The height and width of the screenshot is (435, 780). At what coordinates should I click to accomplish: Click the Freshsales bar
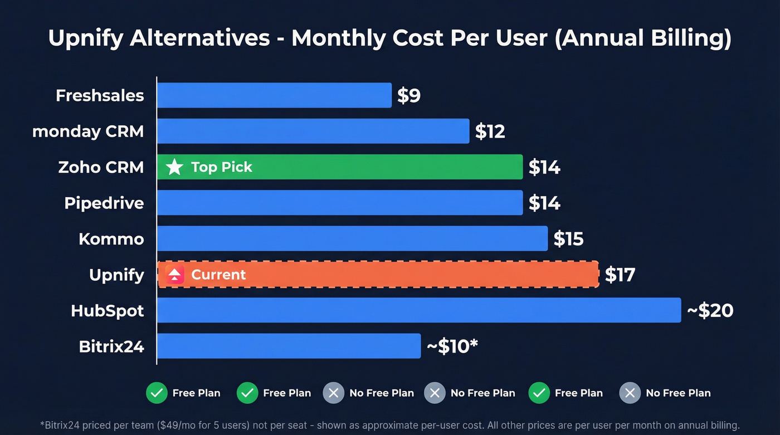pos(274,95)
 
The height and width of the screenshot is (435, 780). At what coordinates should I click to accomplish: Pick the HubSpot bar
pos(418,310)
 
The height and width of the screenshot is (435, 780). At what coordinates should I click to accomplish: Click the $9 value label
pos(408,96)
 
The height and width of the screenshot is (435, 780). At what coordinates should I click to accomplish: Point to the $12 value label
pos(490,131)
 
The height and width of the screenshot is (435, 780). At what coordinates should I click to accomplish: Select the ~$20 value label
pos(710,310)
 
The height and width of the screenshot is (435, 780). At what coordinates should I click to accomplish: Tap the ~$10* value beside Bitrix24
pos(452,346)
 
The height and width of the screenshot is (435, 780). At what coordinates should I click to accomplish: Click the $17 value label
pos(620,275)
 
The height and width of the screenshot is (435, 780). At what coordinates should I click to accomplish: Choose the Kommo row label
pos(111,239)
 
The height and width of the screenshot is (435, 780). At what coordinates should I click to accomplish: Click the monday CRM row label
pos(88,131)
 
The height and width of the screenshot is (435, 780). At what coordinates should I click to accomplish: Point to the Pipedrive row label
pos(104,203)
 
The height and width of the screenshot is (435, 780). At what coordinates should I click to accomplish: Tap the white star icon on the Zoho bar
pos(174,167)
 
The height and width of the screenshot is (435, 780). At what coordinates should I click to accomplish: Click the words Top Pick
pos(221,167)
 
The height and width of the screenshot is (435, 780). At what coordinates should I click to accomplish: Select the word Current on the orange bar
pos(218,275)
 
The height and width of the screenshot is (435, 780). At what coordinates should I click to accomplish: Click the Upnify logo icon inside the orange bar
pos(174,275)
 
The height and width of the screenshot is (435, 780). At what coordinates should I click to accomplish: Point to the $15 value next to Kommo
pos(568,239)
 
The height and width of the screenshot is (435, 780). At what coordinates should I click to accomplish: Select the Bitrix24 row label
pos(111,346)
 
